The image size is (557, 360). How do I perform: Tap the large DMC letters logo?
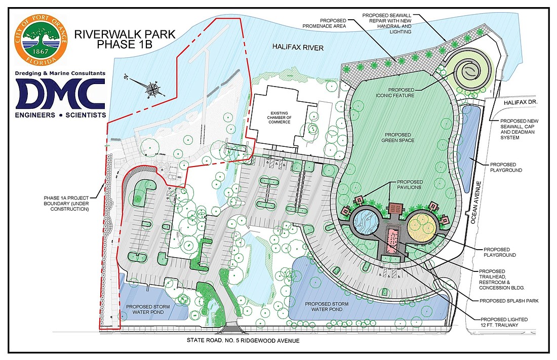click(60, 94)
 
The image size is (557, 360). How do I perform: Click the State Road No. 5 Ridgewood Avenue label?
click(243, 341)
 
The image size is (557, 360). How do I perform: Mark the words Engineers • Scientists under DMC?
click(60, 115)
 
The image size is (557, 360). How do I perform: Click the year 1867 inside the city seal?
click(41, 52)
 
